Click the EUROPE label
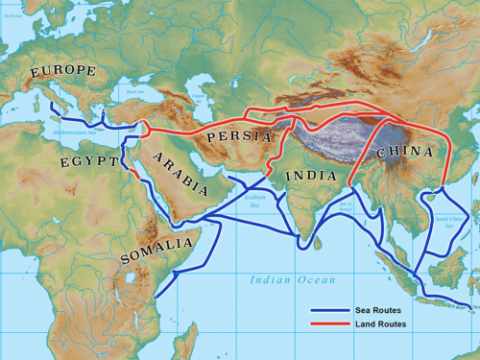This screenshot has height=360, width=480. pyautogui.click(x=62, y=71)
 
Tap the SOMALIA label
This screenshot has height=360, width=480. pyautogui.click(x=156, y=252)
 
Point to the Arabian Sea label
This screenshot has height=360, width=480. pyautogui.click(x=252, y=204)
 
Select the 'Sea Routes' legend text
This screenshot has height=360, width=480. pyautogui.click(x=380, y=311)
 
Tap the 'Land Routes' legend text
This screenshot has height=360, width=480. pyautogui.click(x=382, y=324)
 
